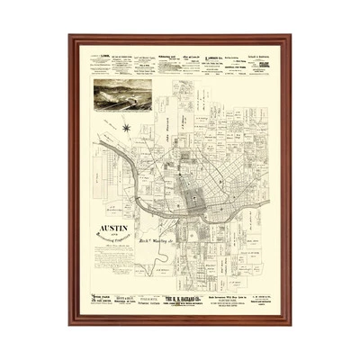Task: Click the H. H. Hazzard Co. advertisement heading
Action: [x=186, y=295]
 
